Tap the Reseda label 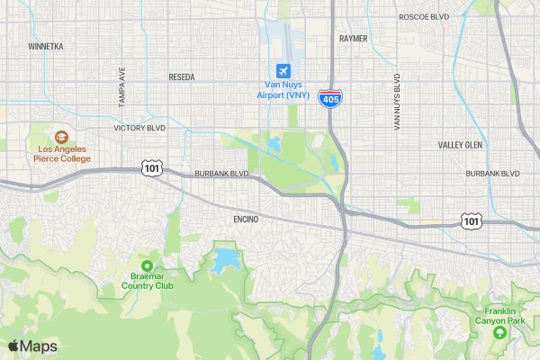(x=181, y=77)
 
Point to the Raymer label (x=354, y=39)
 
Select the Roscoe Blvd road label (x=423, y=16)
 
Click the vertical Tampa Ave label (x=121, y=86)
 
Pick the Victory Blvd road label (x=139, y=129)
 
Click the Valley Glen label (x=461, y=145)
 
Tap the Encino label (x=246, y=220)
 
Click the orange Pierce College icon (x=61, y=136)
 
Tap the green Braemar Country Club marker (x=146, y=265)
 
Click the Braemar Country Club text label (x=148, y=281)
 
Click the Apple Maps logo (x=32, y=346)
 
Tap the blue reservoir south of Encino (x=225, y=261)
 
